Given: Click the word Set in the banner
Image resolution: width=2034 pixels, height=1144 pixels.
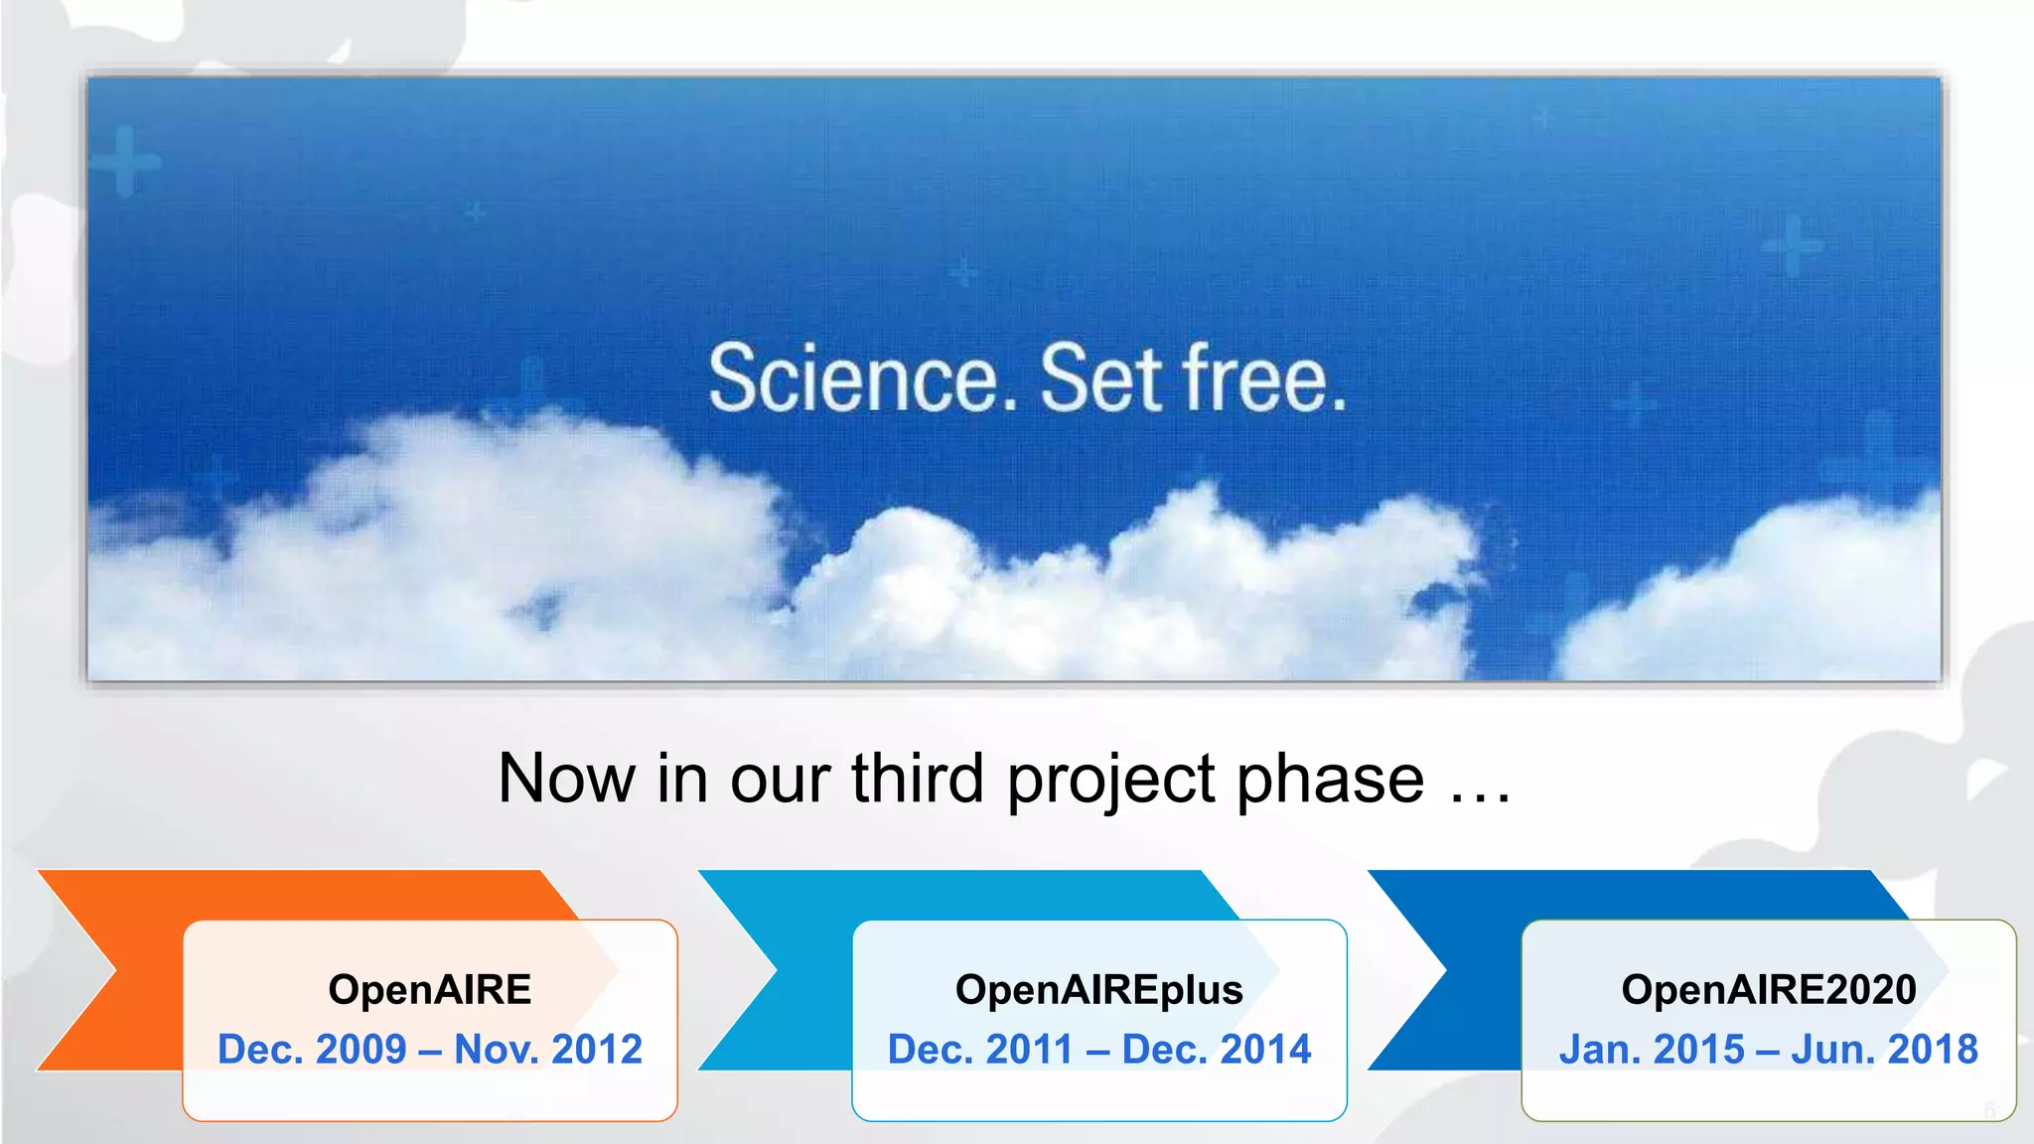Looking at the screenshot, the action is pyautogui.click(x=1100, y=379).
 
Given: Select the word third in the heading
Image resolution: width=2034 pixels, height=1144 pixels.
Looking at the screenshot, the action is pyautogui.click(x=918, y=779).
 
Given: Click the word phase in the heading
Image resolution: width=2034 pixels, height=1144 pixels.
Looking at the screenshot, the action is pyautogui.click(x=1331, y=781).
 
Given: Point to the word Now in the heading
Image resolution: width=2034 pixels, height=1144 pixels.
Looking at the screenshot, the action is pyautogui.click(x=566, y=779).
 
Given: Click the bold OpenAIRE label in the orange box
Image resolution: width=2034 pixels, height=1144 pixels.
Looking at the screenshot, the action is pyautogui.click(x=430, y=990).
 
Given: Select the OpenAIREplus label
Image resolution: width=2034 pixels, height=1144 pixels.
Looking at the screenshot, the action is pyautogui.click(x=1098, y=990).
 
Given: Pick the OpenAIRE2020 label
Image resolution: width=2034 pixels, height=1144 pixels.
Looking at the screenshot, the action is pyautogui.click(x=1769, y=990).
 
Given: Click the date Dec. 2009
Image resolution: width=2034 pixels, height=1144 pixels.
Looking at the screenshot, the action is pyautogui.click(x=312, y=1050).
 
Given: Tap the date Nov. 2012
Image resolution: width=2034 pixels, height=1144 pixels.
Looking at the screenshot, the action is pyautogui.click(x=548, y=1050).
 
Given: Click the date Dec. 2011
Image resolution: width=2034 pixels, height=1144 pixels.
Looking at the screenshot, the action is pyautogui.click(x=980, y=1050).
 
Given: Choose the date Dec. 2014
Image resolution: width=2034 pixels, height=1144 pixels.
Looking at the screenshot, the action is pyautogui.click(x=1217, y=1050).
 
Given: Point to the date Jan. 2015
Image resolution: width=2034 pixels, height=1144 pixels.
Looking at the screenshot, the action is pyautogui.click(x=1652, y=1050).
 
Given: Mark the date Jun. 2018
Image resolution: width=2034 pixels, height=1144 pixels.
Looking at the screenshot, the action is pyautogui.click(x=1884, y=1050).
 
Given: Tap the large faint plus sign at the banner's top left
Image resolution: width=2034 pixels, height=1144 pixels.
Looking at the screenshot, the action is pyautogui.click(x=125, y=160).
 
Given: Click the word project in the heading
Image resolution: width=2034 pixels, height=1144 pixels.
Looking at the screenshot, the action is pyautogui.click(x=1110, y=781).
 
